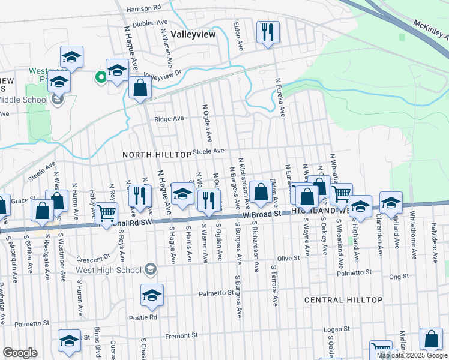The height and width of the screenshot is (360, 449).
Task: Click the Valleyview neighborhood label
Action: pyautogui.click(x=193, y=35)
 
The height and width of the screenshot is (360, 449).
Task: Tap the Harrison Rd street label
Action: pyautogui.click(x=144, y=8)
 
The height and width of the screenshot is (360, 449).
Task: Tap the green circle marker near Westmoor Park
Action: pyautogui.click(x=101, y=76)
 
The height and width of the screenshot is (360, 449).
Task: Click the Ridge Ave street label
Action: pyautogui.click(x=169, y=119)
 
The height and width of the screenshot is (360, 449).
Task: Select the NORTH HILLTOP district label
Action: pyautogui.click(x=157, y=155)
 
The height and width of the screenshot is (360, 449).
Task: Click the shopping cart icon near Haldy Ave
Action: pyautogui.click(x=106, y=212)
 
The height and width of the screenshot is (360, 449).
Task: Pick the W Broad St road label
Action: pyautogui.click(x=262, y=214)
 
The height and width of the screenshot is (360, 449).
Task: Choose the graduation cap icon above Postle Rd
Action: pyautogui.click(x=152, y=295)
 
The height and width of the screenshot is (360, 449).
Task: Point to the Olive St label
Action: pyautogui.click(x=288, y=258)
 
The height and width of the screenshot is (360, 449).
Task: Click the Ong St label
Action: pyautogui.click(x=399, y=277)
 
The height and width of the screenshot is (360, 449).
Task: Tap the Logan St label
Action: pyautogui.click(x=336, y=329)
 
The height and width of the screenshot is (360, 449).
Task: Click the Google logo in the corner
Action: pyautogui.click(x=20, y=353)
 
